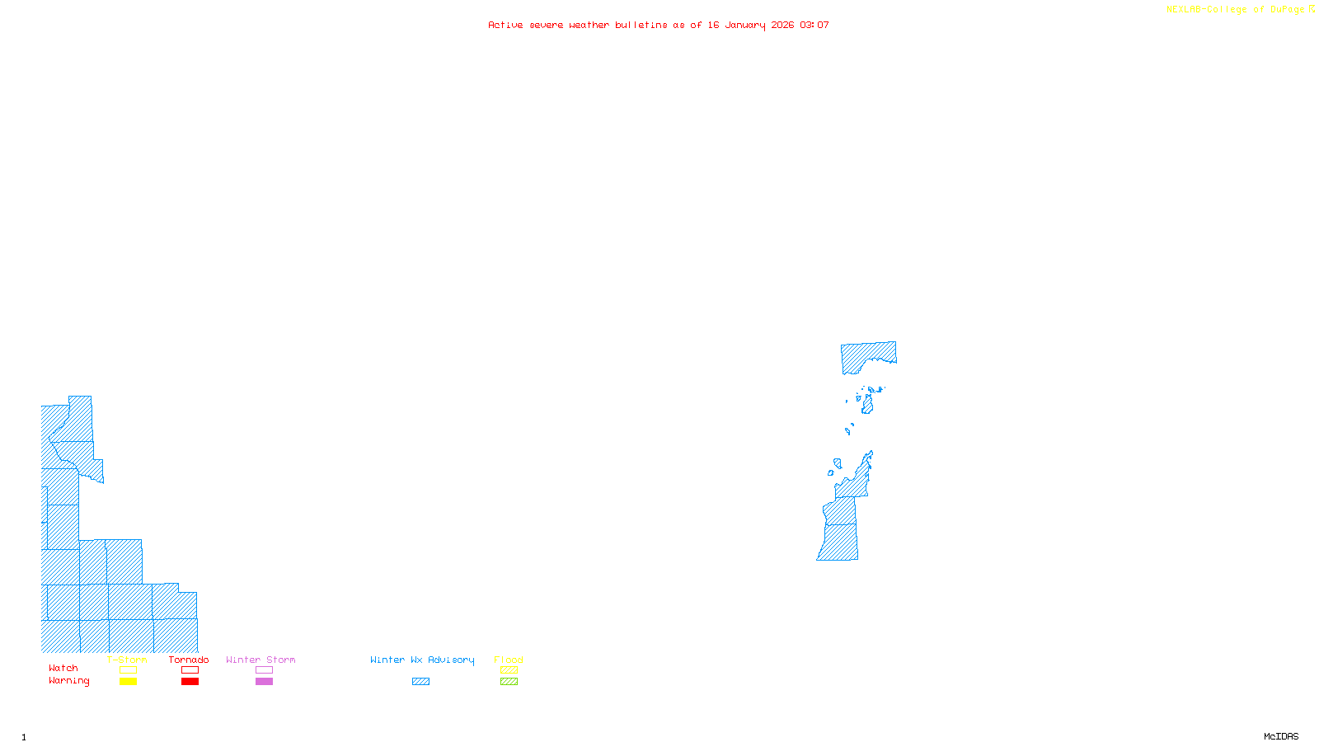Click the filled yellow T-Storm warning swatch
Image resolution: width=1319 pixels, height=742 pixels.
coord(128,682)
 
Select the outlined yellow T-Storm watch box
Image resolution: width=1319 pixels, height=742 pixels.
coord(128,670)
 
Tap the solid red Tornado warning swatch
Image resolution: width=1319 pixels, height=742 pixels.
coord(190,682)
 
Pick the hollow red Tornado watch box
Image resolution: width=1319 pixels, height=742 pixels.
coord(190,670)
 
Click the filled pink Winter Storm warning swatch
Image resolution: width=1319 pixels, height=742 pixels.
coord(264,682)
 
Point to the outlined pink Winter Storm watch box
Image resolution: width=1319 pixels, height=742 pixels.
coord(264,670)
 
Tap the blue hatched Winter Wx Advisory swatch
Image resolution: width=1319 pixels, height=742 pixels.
coord(420,682)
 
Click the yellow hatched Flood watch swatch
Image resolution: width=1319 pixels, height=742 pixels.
coord(509,670)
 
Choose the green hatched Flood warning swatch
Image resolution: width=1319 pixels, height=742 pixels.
coord(509,682)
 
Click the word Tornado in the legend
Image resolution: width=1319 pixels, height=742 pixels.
coord(189,660)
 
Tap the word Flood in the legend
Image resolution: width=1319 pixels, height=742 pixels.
coord(509,660)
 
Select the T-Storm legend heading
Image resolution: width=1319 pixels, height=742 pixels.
coord(127,660)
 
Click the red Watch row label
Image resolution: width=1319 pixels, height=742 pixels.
coord(63,669)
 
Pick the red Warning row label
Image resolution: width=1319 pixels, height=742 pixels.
coord(69,681)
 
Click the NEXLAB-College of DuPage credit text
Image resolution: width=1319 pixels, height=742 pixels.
coord(1236,10)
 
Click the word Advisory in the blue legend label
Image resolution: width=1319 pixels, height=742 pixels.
coord(451,660)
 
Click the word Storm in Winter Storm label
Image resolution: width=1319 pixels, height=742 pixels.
coord(281,660)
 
